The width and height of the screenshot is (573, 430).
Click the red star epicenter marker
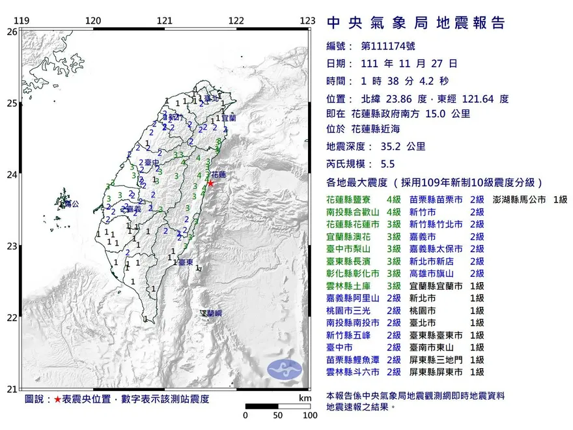tap(210, 184)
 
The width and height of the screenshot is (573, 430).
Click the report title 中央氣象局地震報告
tap(415, 23)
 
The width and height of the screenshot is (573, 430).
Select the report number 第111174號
tap(387, 46)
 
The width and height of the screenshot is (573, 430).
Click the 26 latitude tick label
tap(12, 31)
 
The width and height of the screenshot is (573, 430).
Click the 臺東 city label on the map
tap(186, 262)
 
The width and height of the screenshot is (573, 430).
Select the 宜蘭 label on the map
tap(228, 119)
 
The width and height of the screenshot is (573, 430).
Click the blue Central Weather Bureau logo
tap(285, 371)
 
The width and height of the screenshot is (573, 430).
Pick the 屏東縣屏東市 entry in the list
tap(437, 372)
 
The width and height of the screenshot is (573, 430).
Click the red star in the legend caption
tap(57, 399)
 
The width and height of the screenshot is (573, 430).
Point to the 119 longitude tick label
tap(21, 21)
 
